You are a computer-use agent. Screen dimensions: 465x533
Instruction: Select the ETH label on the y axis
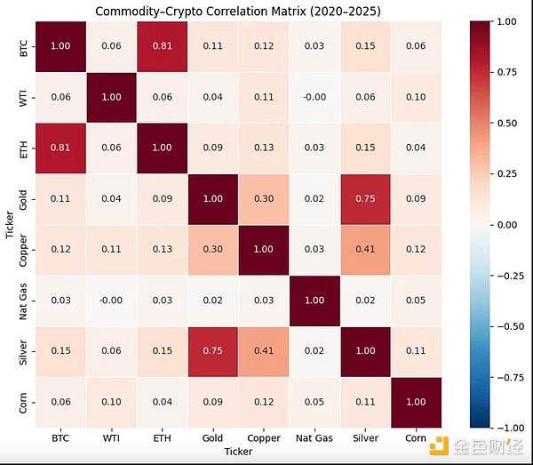pyautogui.click(x=21, y=148)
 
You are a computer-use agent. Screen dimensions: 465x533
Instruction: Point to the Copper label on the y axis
pyautogui.click(x=21, y=251)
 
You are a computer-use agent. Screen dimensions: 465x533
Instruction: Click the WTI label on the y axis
pyautogui.click(x=21, y=98)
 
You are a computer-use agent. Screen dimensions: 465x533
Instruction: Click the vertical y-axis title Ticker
pyautogui.click(x=8, y=225)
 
